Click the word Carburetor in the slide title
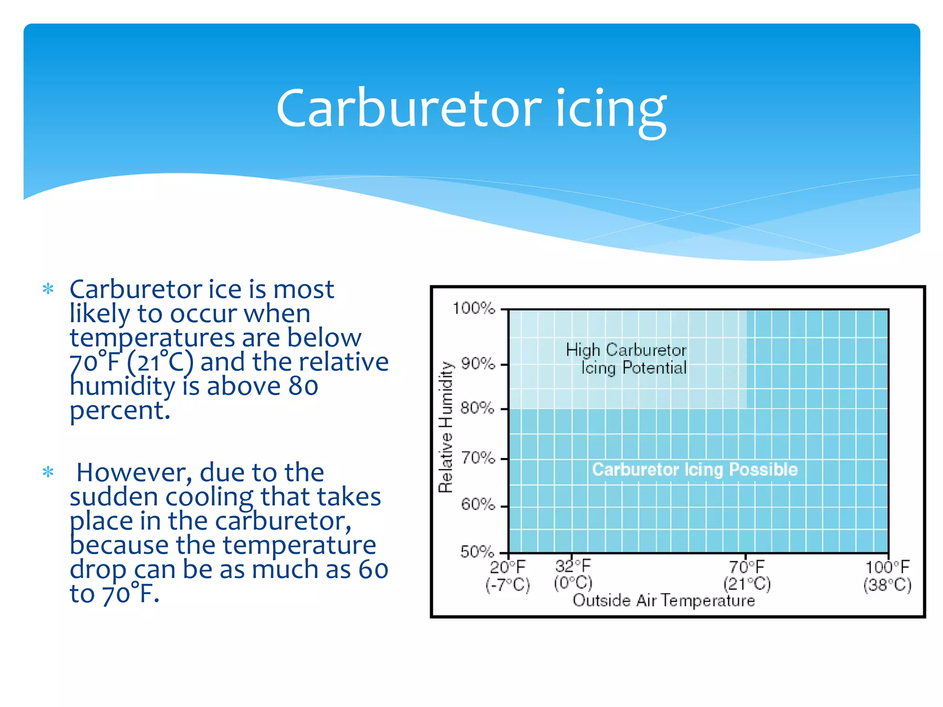click(409, 109)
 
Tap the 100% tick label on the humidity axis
click(474, 308)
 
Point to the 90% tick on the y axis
click(478, 364)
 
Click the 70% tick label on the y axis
click(478, 458)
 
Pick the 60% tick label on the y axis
click(478, 505)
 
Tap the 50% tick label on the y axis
click(477, 551)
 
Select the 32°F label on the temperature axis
click(573, 566)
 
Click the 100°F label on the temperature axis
click(887, 567)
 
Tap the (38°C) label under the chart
click(887, 585)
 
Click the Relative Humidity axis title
click(446, 427)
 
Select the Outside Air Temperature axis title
click(664, 601)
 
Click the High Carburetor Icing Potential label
click(627, 359)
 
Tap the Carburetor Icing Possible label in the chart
click(694, 469)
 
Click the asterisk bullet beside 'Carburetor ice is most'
click(48, 289)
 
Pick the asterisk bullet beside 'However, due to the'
click(48, 472)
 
